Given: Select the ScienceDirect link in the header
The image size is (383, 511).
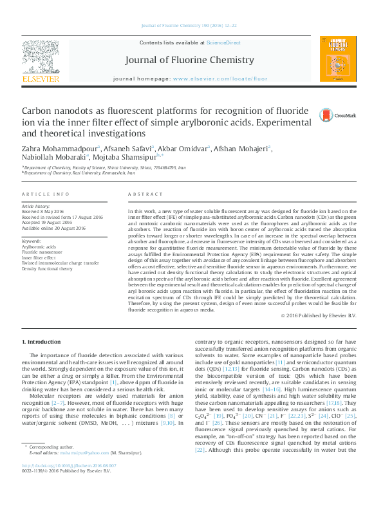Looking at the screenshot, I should point(223,43).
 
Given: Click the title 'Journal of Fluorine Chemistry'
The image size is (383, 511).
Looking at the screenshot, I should point(191,60).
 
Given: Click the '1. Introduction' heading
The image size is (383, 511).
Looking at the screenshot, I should point(43,341).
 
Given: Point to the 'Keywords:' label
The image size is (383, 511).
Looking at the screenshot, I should point(32,241).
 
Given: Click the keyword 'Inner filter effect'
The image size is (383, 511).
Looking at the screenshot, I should point(42,257).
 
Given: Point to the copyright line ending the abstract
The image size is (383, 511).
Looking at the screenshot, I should point(319,317).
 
